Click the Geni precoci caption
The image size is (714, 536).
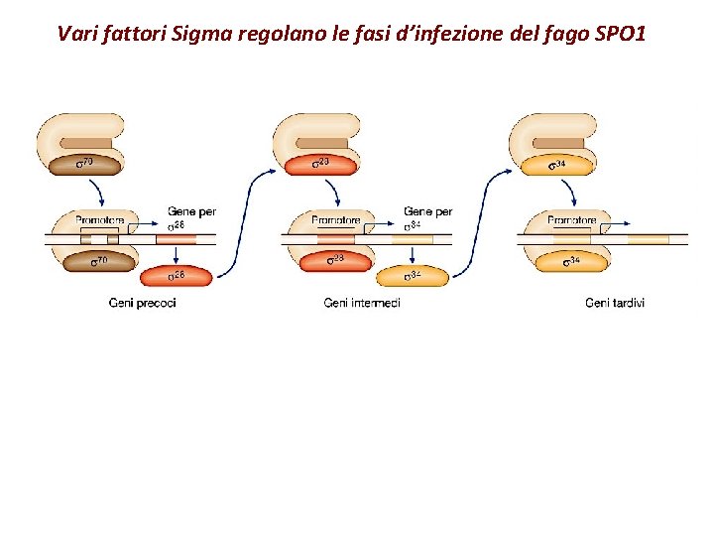(142, 303)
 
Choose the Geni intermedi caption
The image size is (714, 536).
(362, 303)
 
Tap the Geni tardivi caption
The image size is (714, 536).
(614, 303)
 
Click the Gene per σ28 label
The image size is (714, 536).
(189, 217)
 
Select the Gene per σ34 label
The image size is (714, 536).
(426, 217)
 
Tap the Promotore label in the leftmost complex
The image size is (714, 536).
(98, 220)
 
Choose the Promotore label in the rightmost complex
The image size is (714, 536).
(571, 220)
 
